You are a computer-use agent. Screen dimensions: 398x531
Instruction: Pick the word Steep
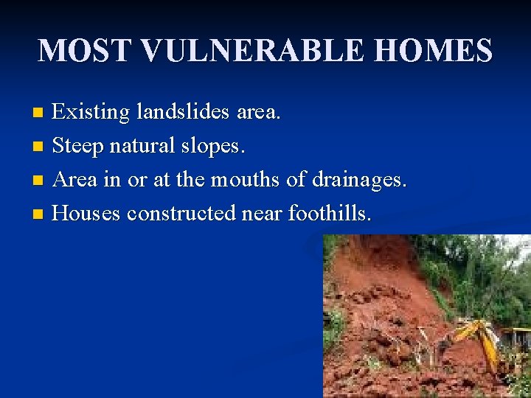click(x=79, y=147)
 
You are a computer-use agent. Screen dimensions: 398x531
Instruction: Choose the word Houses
click(x=86, y=213)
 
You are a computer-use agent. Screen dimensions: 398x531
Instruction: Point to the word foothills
click(x=330, y=213)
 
